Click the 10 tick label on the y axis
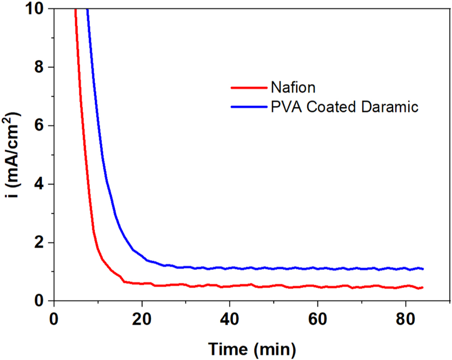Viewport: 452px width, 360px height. point(37,9)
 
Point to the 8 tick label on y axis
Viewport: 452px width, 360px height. point(41,67)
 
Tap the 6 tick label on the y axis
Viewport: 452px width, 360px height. point(41,126)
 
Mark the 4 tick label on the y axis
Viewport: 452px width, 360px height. point(41,184)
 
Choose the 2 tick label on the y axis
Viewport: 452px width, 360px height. point(41,242)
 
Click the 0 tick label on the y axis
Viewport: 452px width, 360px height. point(41,301)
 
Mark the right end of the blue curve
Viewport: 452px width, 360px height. point(423,269)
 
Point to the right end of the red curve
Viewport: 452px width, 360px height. point(423,288)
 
